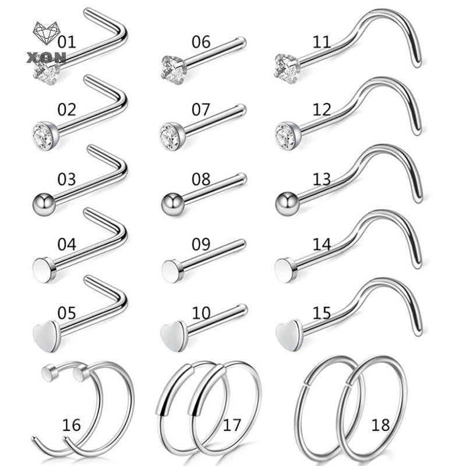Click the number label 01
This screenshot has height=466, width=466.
tap(66, 41)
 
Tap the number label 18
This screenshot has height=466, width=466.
tap(380, 425)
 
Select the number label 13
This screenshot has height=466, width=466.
tap(322, 179)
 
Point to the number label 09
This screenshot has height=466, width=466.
tap(201, 244)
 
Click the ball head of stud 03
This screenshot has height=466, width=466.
tap(44, 204)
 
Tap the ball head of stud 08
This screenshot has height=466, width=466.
tap(173, 204)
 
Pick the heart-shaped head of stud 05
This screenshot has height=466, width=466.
tap(45, 337)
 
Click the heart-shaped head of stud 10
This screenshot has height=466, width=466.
tap(172, 336)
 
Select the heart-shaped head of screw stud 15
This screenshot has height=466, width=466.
tap(288, 336)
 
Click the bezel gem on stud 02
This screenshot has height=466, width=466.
tap(45, 136)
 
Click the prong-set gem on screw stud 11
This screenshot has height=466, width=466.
tap(286, 68)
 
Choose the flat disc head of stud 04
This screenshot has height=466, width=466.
tap(44, 269)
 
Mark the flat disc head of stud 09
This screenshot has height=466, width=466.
tap(172, 270)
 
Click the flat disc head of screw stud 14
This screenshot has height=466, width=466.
tap(285, 270)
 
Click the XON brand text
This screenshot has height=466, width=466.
tap(46, 57)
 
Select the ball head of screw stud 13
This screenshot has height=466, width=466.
tap(287, 203)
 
